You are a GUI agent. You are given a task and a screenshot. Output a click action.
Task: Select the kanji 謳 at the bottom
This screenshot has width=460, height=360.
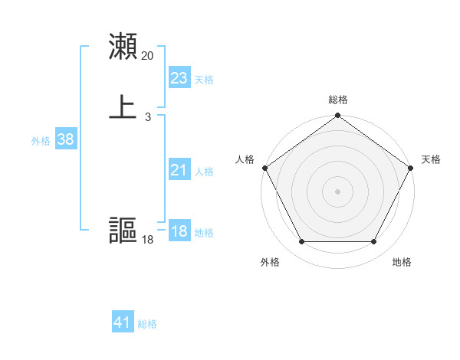click(x=123, y=231)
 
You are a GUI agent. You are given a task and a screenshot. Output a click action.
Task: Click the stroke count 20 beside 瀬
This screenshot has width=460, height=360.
click(x=147, y=56)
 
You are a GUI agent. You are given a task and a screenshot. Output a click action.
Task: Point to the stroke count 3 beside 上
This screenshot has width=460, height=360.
click(x=147, y=117)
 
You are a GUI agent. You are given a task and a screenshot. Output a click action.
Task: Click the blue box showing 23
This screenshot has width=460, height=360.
click(x=179, y=78)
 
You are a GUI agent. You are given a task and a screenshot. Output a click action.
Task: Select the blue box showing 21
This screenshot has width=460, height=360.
click(x=179, y=171)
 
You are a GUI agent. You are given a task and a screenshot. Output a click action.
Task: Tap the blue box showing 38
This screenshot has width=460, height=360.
click(x=65, y=139)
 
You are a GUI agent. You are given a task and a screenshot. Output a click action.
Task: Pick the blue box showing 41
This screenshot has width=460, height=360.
click(x=123, y=322)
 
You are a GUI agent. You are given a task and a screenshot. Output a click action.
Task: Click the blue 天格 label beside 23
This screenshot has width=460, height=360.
click(x=204, y=80)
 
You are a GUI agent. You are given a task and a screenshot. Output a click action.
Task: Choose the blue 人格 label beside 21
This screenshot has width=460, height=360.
click(x=204, y=172)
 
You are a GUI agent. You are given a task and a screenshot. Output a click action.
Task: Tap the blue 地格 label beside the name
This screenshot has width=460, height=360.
click(x=204, y=233)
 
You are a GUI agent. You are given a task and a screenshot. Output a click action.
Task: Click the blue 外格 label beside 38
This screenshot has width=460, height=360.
click(x=41, y=141)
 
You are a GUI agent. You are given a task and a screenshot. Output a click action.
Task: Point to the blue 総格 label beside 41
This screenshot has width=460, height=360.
click(x=147, y=324)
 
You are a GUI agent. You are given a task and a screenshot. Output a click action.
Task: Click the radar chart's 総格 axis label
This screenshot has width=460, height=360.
click(x=337, y=100)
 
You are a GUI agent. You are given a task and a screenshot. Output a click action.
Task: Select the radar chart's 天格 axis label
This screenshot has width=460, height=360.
click(x=432, y=159)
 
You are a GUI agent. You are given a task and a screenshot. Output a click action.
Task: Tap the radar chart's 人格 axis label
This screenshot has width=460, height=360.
click(x=245, y=159)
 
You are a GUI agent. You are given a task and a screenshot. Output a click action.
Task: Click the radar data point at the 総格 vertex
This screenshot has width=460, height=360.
click(x=337, y=116)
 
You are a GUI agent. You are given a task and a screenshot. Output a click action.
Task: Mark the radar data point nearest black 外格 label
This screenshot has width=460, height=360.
click(x=301, y=242)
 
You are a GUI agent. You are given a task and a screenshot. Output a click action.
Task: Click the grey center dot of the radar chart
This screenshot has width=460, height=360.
click(x=337, y=191)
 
